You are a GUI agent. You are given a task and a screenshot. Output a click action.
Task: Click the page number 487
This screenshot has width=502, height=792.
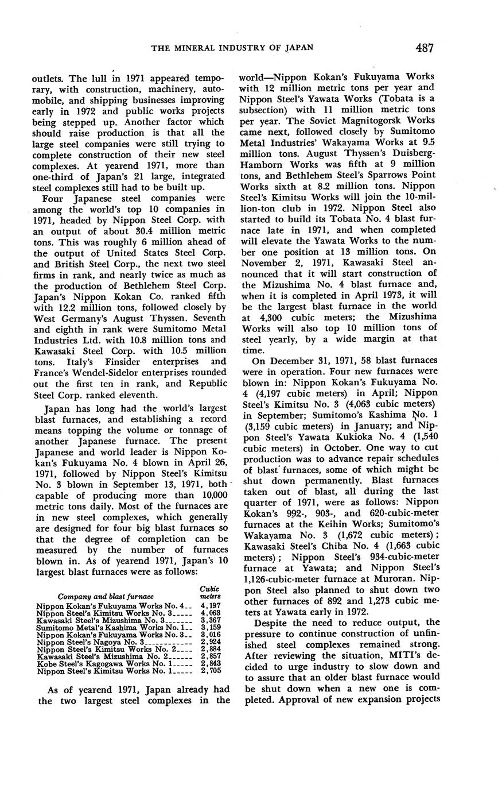click(425, 48)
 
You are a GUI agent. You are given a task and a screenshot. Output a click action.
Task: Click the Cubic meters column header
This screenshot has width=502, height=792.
click(209, 593)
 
